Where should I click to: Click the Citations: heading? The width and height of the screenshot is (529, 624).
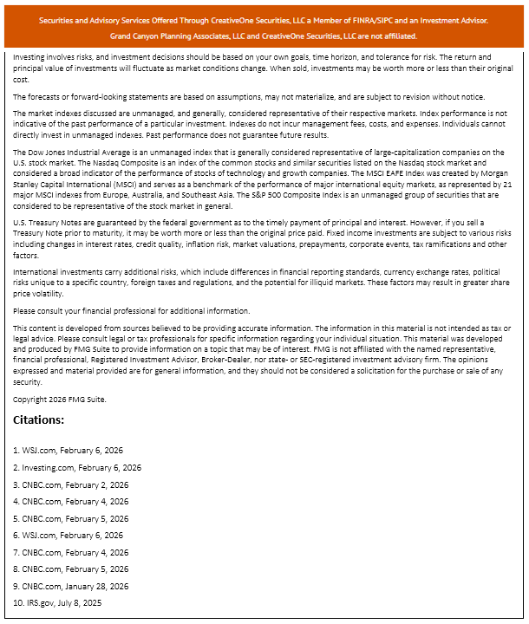pyautogui.click(x=39, y=420)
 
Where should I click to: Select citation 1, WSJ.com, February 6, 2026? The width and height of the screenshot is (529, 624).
pyautogui.click(x=68, y=450)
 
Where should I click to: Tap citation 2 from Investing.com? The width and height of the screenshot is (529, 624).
pyautogui.click(x=76, y=467)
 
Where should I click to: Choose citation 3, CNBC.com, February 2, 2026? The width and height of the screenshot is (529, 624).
pyautogui.click(x=70, y=484)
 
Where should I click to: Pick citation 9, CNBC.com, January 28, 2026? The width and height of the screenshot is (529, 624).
pyautogui.click(x=73, y=586)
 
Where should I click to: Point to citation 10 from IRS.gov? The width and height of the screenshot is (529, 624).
pyautogui.click(x=59, y=602)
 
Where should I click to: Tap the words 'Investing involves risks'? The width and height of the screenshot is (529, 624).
pyautogui.click(x=54, y=55)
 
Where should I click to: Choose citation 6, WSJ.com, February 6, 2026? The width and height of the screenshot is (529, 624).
pyautogui.click(x=68, y=535)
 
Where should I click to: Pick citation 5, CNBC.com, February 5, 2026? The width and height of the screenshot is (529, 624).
pyautogui.click(x=70, y=518)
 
